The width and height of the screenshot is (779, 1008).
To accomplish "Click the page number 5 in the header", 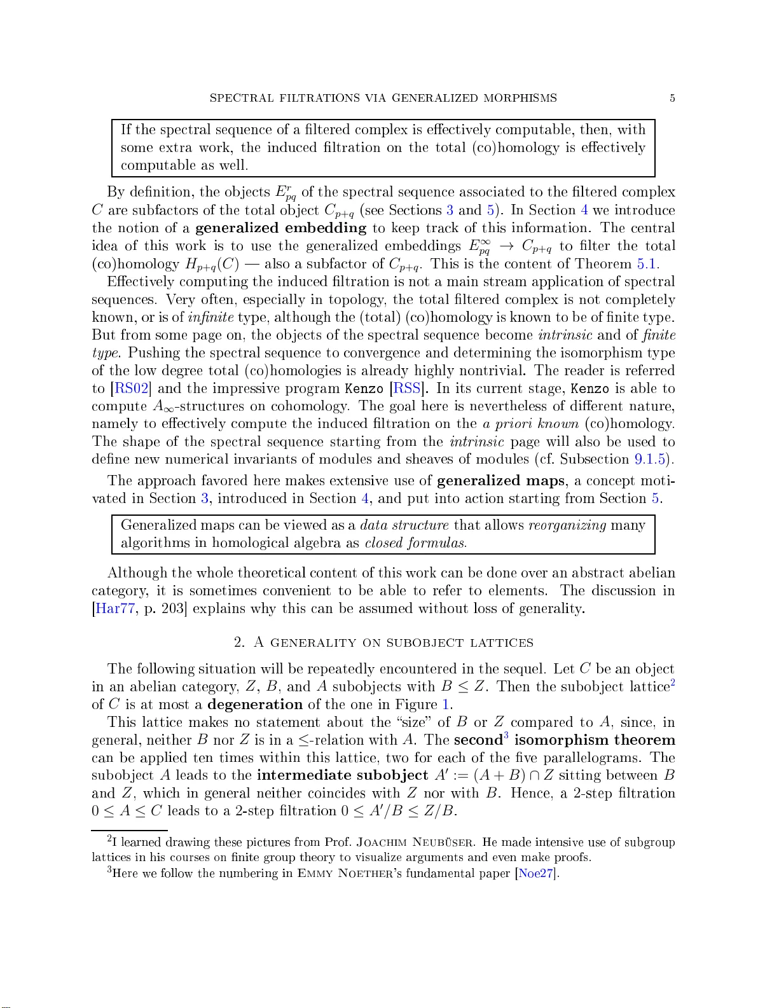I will tap(672, 98).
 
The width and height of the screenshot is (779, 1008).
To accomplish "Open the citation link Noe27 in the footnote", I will tap(537, 873).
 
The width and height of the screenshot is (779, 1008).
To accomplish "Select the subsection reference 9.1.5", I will tap(651, 459).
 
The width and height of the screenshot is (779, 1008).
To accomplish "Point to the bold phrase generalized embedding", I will tap(280, 228).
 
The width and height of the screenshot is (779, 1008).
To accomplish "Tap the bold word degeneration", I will tap(255, 705).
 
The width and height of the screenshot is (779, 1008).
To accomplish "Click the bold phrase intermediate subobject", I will tap(342, 775).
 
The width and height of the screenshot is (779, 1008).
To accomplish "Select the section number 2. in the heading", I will tap(239, 643).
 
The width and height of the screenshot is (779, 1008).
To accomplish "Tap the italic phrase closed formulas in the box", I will tap(415, 543).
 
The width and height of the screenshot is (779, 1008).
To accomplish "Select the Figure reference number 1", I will tap(446, 705).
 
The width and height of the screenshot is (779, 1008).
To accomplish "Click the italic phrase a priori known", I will tap(530, 424).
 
